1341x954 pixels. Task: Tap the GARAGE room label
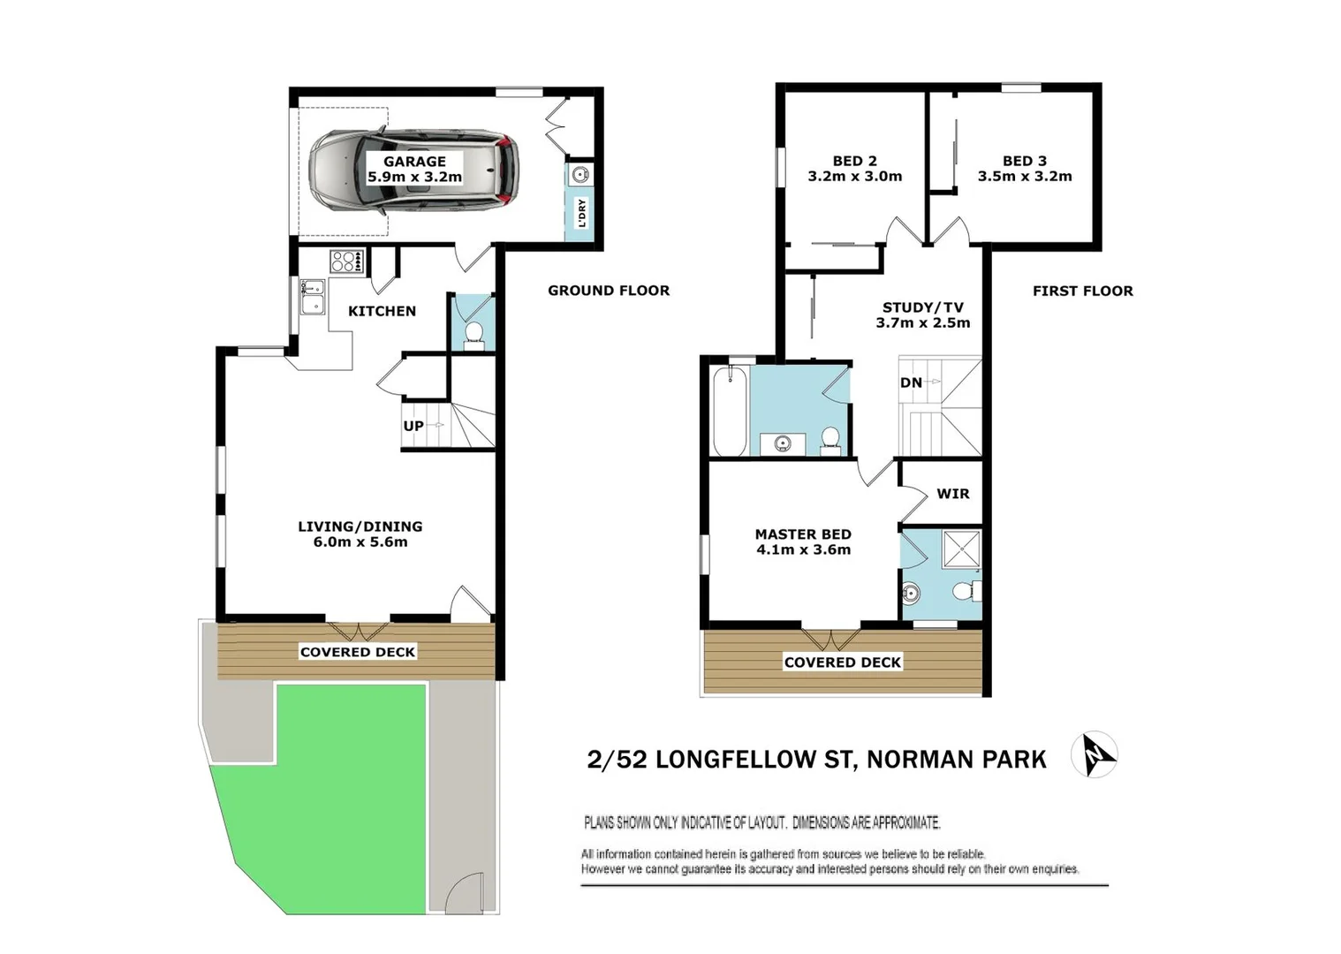click(x=414, y=162)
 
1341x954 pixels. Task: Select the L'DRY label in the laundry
click(x=581, y=213)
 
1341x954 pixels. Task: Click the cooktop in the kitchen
click(x=345, y=261)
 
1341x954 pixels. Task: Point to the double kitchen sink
click(x=312, y=296)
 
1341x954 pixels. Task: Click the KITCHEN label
click(x=382, y=311)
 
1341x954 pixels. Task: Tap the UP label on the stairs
click(x=413, y=426)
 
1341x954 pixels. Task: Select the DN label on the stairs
click(x=911, y=382)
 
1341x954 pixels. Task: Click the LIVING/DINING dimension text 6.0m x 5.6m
click(x=360, y=542)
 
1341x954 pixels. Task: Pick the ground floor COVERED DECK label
click(x=358, y=652)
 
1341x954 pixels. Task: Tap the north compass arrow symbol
click(x=1095, y=755)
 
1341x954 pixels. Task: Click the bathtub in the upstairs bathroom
click(x=730, y=411)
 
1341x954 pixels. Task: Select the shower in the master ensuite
click(x=961, y=549)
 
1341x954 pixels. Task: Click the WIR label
click(x=952, y=494)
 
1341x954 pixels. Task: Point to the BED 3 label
click(x=1025, y=161)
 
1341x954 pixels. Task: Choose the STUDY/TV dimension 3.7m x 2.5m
click(x=923, y=323)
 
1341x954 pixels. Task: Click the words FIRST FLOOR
click(x=1082, y=291)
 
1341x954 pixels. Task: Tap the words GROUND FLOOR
click(x=609, y=291)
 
